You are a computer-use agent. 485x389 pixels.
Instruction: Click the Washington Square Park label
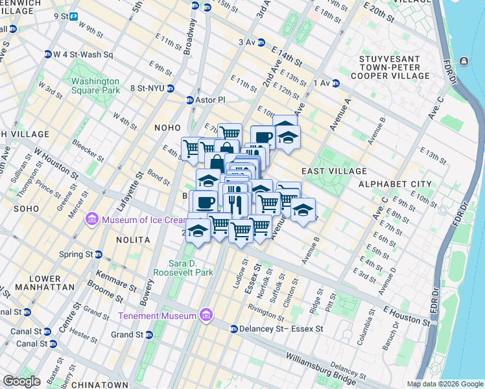click(95, 86)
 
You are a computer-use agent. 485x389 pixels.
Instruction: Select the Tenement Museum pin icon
click(206, 316)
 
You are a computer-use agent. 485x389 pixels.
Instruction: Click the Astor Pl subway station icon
click(190, 100)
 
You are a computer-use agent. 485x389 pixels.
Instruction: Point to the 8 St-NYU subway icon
click(170, 88)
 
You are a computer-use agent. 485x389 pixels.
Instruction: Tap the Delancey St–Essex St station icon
click(234, 329)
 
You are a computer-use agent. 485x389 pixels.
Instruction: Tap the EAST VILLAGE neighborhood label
click(334, 171)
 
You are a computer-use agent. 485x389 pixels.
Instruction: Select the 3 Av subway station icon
click(261, 43)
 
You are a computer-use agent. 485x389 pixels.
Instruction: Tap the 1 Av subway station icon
click(336, 83)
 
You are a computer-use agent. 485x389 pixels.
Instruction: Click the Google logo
click(21, 381)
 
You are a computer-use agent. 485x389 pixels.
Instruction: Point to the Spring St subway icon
click(99, 254)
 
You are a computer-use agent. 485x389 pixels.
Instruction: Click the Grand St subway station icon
click(149, 335)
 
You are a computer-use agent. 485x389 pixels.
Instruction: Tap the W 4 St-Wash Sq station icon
click(48, 54)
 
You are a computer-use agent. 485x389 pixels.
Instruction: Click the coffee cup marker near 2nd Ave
click(263, 137)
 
